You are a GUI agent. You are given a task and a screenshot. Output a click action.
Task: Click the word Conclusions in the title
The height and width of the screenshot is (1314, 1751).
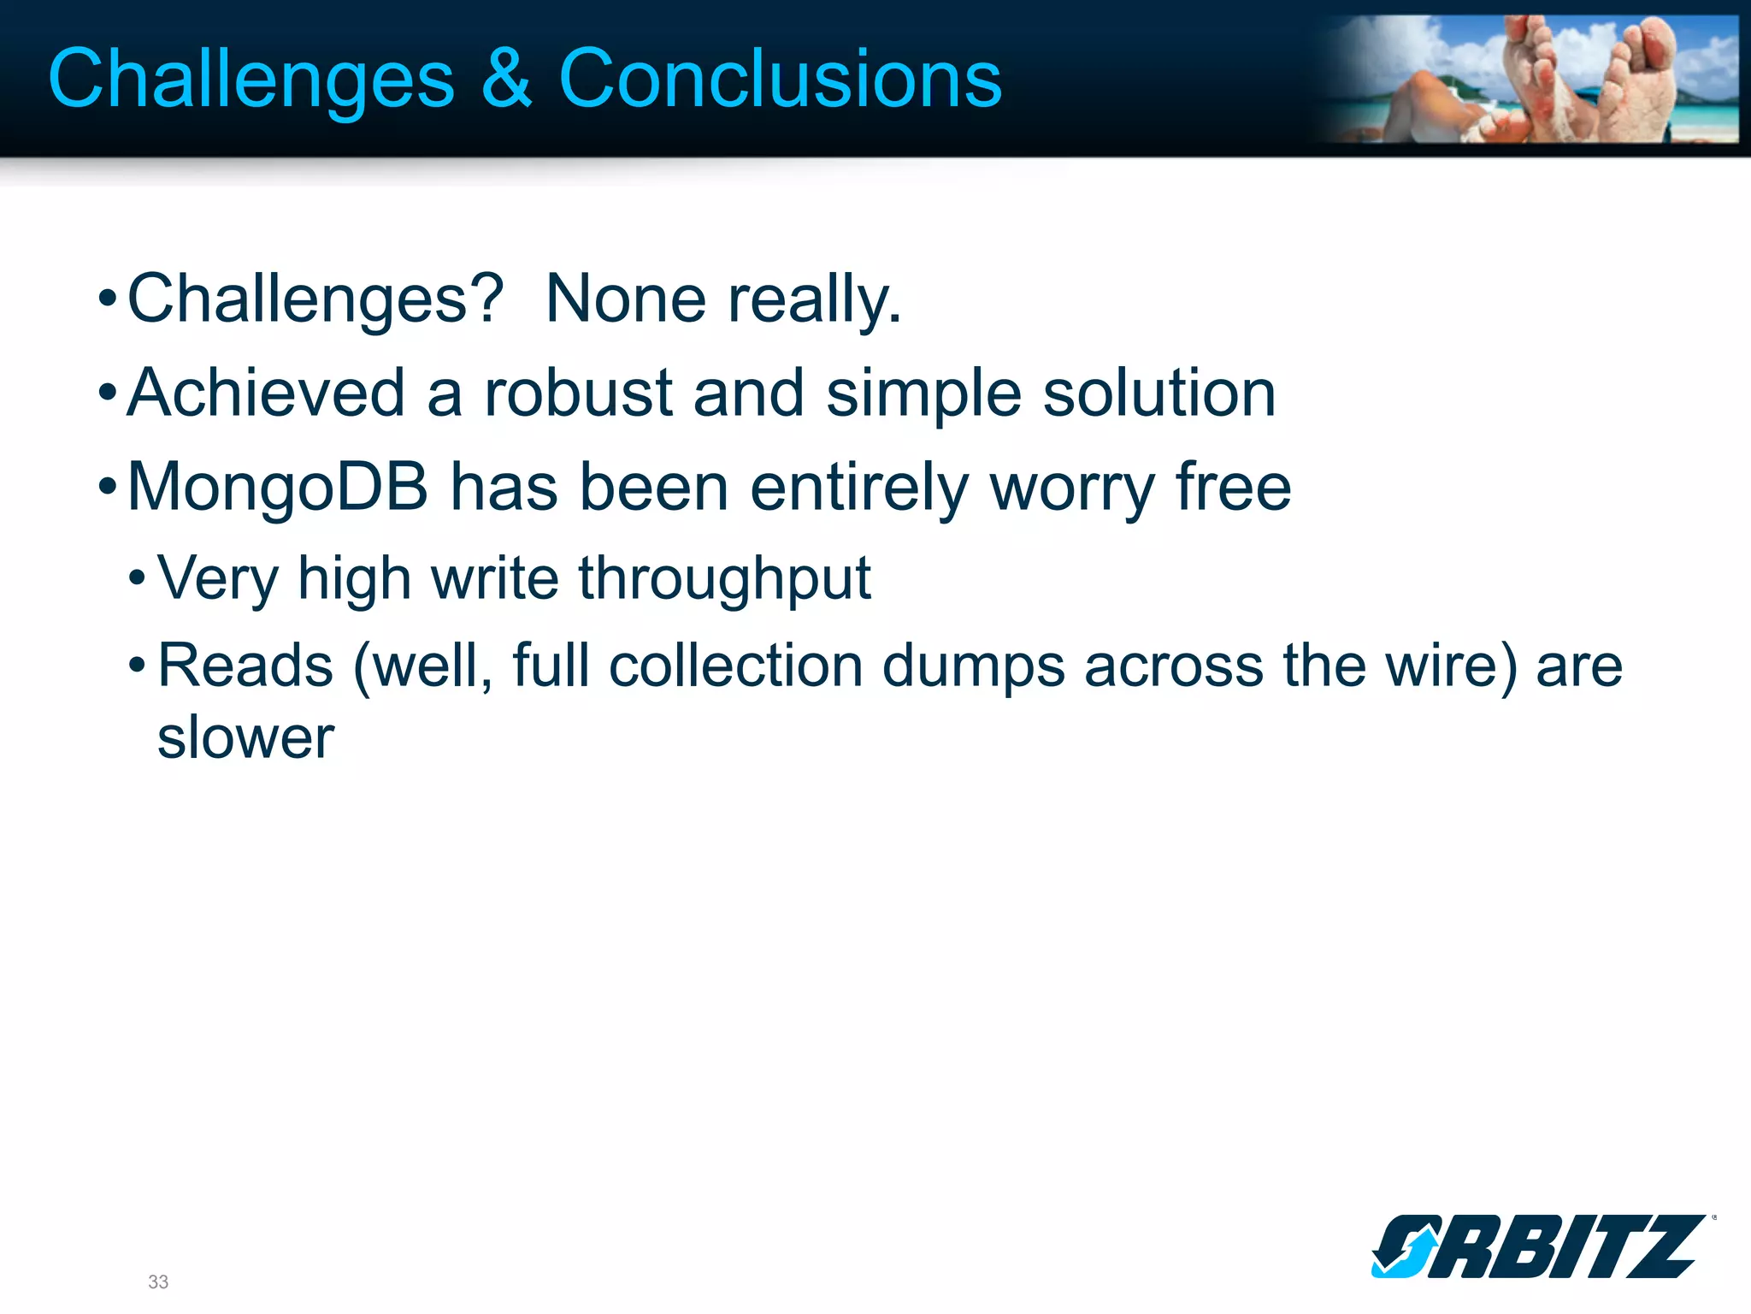[x=780, y=79]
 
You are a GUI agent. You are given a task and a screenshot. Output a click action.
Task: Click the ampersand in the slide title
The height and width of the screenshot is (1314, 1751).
[x=506, y=79]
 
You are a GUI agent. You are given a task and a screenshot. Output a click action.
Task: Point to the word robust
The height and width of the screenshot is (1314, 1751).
[x=578, y=393]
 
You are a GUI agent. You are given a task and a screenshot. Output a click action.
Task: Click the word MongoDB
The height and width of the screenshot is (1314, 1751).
[x=277, y=488]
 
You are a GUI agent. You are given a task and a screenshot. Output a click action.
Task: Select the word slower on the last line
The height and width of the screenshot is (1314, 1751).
[x=245, y=737]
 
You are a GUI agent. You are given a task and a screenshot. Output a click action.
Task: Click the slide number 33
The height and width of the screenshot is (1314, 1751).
[x=158, y=1281]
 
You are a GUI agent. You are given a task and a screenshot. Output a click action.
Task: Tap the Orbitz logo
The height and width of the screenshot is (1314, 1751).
[x=1539, y=1246]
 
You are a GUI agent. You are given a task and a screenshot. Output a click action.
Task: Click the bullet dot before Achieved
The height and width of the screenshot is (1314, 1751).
[x=107, y=394]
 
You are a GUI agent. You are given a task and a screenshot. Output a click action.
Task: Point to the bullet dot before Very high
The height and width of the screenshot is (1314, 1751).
[x=137, y=579]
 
